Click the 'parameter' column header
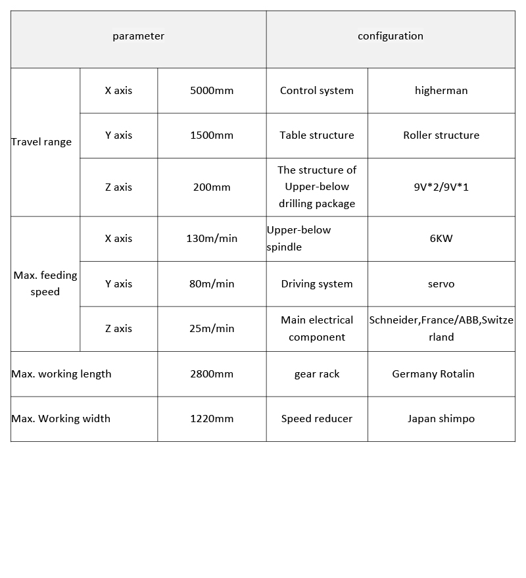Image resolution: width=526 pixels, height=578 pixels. coord(138,36)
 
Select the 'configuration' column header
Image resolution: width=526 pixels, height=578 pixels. coord(391,36)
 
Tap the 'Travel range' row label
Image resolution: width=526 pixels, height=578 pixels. coord(41,142)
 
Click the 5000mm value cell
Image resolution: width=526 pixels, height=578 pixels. coord(212,91)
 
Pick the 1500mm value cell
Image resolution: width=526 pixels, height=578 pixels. coord(212,135)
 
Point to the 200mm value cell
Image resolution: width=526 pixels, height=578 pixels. coord(212,187)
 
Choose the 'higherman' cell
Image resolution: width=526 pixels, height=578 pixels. coord(441,91)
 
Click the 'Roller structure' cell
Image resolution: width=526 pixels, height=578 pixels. coord(441,135)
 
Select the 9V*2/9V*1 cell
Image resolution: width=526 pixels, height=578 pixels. coord(441,187)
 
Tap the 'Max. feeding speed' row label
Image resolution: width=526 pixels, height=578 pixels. coord(45,283)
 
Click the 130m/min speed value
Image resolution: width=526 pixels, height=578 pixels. coord(212,239)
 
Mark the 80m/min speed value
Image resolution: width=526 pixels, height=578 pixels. coord(212,284)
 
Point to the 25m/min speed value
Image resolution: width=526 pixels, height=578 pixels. coord(212,329)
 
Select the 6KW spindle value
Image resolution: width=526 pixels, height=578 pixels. coord(441,239)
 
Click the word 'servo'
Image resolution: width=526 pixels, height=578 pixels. coord(441,284)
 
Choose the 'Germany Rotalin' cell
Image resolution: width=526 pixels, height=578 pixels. coord(433,374)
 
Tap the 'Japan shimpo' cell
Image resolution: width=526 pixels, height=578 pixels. coord(441,419)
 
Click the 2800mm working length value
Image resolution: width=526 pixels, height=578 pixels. coord(212,374)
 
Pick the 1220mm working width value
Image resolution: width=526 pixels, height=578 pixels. coord(212,419)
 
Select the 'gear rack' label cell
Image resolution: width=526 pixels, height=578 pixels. coord(317,374)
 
